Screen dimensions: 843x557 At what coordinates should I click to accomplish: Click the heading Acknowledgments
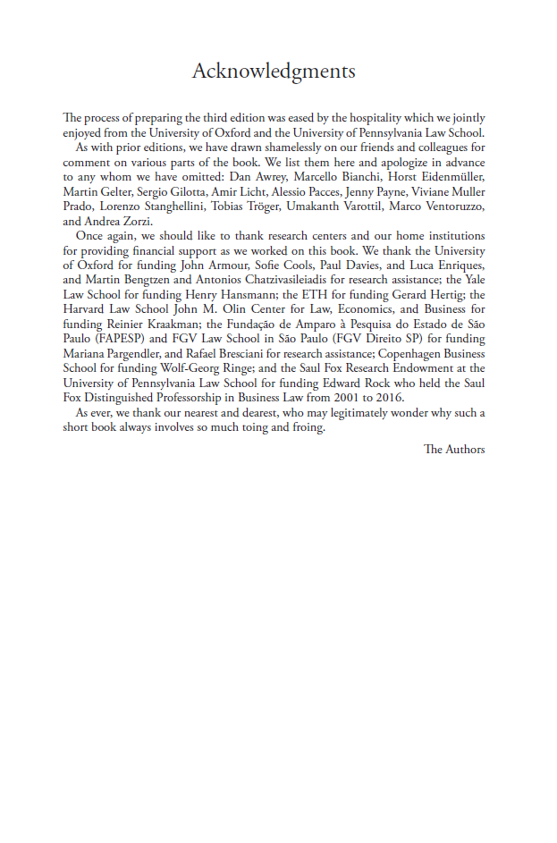coord(274,72)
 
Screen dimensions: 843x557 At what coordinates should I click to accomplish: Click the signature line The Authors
coord(454,449)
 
